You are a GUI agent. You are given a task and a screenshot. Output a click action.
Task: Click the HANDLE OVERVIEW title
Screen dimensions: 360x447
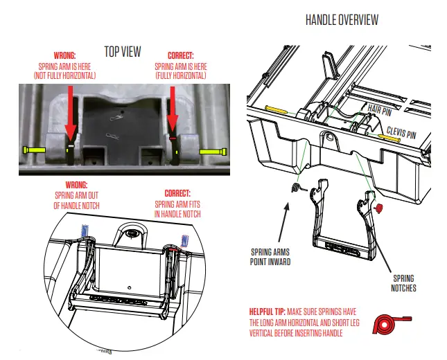point(342,19)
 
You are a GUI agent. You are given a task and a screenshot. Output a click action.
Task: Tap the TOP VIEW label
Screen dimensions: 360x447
point(123,51)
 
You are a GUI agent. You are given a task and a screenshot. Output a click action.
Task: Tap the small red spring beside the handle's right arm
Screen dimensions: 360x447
point(378,207)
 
